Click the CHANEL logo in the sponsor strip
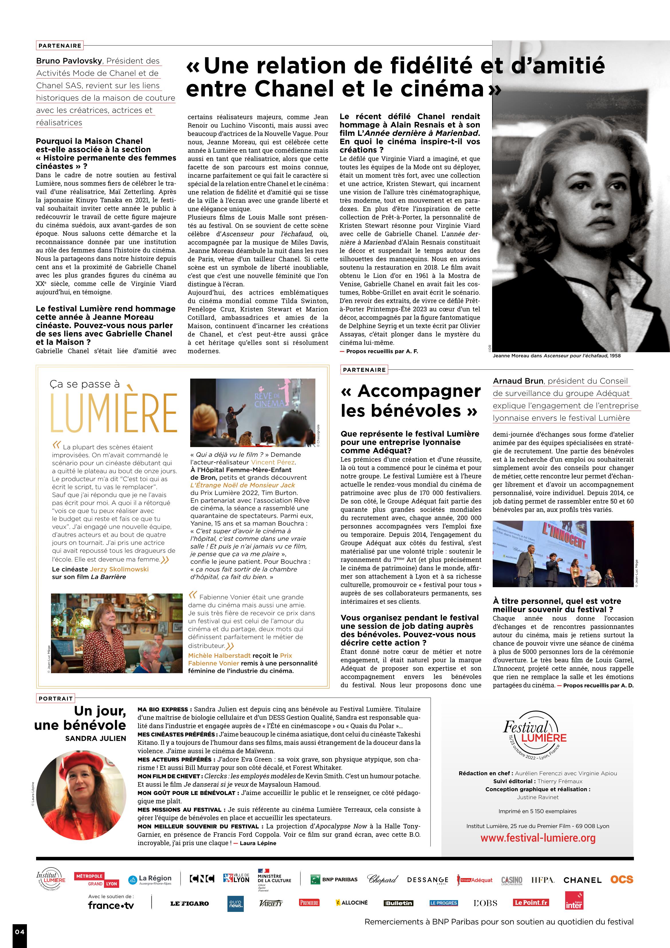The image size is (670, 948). [x=582, y=880]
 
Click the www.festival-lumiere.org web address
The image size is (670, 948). [x=537, y=838]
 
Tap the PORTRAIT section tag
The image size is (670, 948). [x=55, y=699]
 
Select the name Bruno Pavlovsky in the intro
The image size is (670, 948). [x=69, y=61]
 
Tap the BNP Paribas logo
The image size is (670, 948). [x=334, y=880]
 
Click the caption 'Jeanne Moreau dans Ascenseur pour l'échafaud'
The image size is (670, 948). [x=556, y=355]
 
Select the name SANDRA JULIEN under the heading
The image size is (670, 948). [x=95, y=738]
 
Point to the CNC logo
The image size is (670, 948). [x=202, y=879]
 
